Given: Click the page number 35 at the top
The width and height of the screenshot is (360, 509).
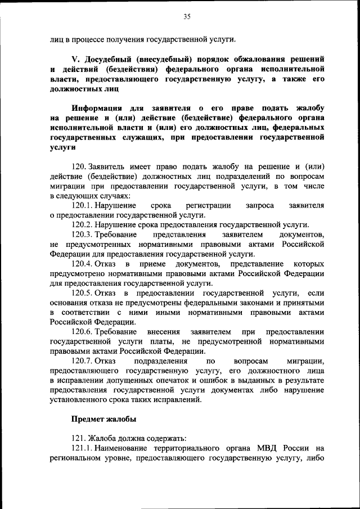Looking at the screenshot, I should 187,17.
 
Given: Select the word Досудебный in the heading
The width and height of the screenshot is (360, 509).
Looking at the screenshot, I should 112,59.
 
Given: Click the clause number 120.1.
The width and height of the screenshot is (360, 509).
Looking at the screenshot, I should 83,206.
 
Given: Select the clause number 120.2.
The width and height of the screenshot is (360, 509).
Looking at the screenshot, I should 83,224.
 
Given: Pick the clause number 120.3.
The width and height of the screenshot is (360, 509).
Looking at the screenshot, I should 83,235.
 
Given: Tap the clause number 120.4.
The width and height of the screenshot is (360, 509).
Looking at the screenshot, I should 83,264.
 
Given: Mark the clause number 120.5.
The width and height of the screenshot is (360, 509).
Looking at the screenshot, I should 83,293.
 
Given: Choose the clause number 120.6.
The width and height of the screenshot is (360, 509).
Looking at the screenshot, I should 83,332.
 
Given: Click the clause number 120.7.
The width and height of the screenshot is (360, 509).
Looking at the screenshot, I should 83,361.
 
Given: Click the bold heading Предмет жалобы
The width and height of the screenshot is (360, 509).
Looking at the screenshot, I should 103,419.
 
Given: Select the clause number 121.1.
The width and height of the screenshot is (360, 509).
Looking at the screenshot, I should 82,448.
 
